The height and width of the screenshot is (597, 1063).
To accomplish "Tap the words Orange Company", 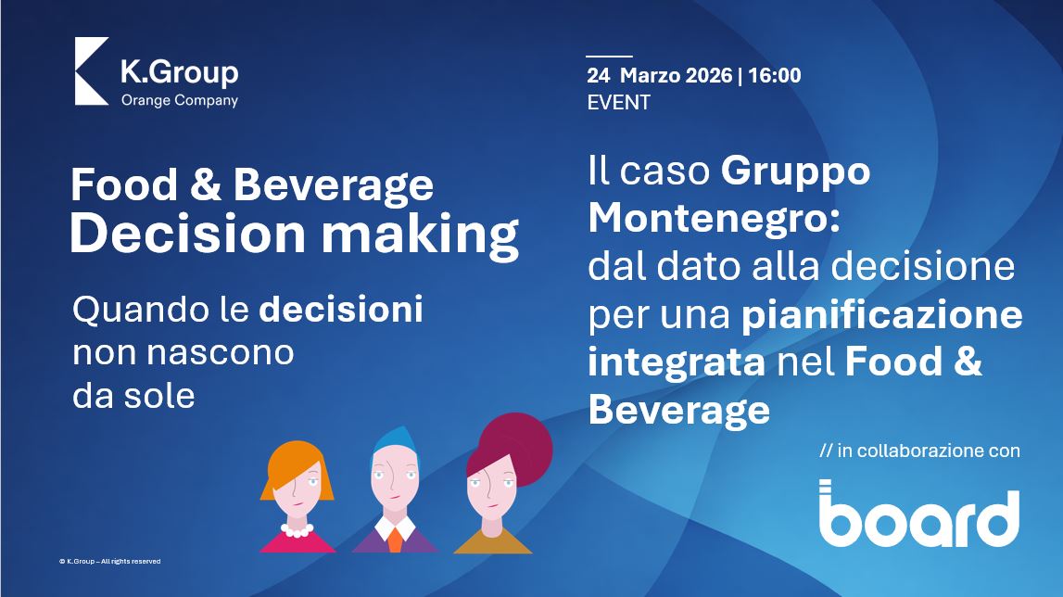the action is (x=180, y=100).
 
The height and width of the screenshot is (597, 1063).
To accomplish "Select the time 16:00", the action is (x=775, y=74).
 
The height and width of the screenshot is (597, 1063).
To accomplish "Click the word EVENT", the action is (x=619, y=103).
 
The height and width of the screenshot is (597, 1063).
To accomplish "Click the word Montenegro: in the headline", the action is (x=714, y=218).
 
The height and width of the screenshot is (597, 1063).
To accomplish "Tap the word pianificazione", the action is (x=882, y=315).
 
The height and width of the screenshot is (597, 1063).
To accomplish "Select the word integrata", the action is (x=677, y=362).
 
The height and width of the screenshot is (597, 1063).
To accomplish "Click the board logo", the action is (x=919, y=514).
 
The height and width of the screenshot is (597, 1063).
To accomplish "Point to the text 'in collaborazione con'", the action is (x=929, y=451).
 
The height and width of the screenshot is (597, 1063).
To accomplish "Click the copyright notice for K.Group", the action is (x=110, y=561).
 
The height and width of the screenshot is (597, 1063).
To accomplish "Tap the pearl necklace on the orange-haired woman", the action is (x=297, y=529).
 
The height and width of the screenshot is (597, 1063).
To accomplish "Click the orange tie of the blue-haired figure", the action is (x=395, y=540).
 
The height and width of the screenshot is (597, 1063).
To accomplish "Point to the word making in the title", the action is (x=421, y=235).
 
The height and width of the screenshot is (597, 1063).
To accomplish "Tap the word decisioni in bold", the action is (x=341, y=310).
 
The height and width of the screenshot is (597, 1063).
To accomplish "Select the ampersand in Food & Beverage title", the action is (x=206, y=185).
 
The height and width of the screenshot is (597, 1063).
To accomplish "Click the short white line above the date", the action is (x=610, y=57).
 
